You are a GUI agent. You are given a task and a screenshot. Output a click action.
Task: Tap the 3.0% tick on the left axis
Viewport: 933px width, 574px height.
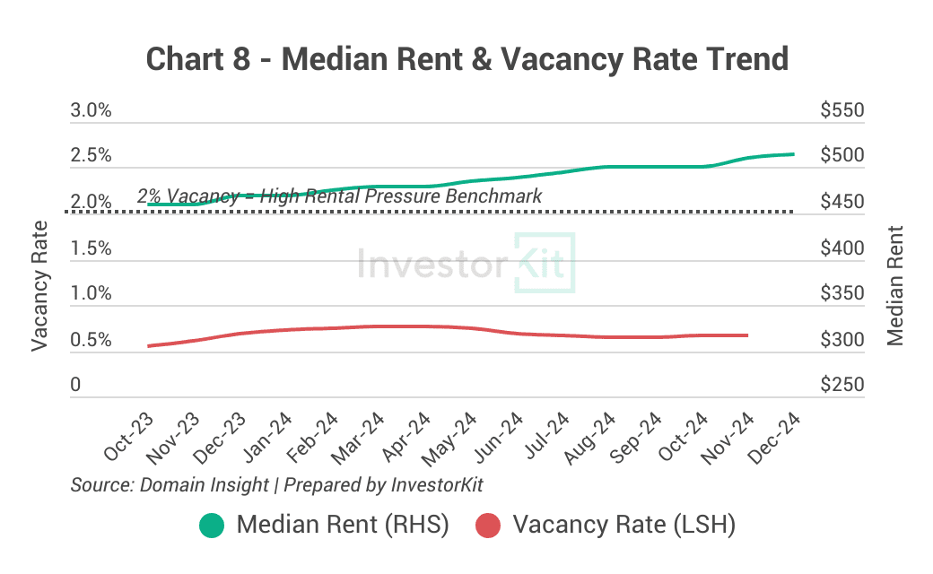click(91, 110)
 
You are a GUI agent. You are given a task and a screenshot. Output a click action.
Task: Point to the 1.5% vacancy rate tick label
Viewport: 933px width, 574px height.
click(91, 248)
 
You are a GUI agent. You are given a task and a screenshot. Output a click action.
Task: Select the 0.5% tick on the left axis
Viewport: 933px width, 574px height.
click(91, 341)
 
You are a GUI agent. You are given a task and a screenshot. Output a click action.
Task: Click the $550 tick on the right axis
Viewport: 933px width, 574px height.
click(841, 110)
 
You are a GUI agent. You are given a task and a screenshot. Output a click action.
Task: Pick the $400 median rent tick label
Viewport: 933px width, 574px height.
click(841, 248)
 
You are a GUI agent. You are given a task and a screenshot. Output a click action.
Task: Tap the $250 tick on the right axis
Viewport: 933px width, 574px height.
click(841, 385)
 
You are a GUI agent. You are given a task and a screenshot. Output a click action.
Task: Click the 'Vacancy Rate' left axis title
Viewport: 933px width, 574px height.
click(40, 284)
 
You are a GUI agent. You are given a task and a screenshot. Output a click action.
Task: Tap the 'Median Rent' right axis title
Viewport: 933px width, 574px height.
click(894, 284)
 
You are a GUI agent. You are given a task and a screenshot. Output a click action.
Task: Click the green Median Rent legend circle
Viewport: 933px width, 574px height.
click(213, 525)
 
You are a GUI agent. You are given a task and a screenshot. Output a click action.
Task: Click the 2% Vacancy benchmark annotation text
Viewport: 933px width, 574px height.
click(339, 196)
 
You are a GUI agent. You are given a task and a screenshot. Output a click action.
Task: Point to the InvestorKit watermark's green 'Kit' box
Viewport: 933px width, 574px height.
click(545, 263)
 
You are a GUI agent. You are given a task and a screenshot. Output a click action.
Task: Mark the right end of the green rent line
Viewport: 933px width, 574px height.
click(794, 154)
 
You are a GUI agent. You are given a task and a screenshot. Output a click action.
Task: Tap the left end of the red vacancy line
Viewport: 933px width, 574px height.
click(149, 345)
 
